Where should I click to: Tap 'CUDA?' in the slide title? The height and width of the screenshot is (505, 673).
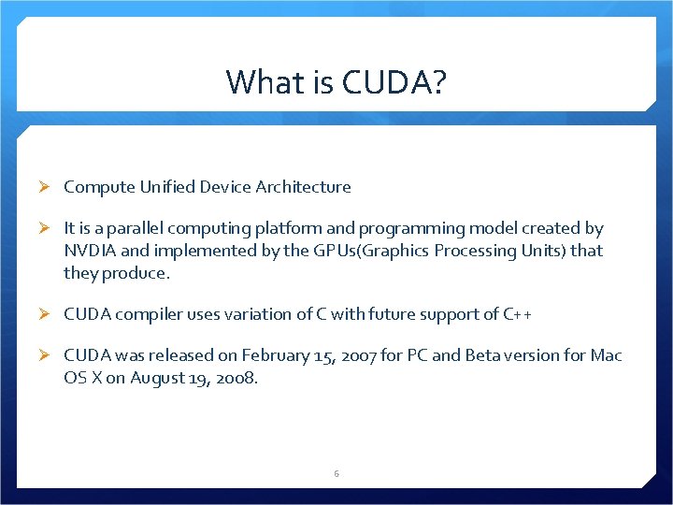[x=395, y=82]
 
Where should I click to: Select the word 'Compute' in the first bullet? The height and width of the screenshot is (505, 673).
[x=97, y=187]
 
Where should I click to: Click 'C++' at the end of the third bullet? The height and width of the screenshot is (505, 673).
[x=518, y=314]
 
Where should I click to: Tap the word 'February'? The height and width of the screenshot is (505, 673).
[x=273, y=355]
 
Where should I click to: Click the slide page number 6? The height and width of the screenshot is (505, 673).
[x=336, y=474]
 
